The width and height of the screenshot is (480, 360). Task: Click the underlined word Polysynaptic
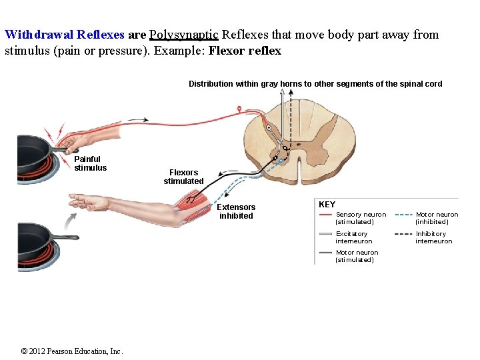[x=184, y=35]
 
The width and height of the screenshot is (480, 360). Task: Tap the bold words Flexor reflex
[x=245, y=51]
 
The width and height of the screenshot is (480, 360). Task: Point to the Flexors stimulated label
[x=183, y=177]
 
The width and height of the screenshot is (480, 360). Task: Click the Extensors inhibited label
[x=236, y=211]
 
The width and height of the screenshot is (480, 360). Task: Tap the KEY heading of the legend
[x=327, y=205]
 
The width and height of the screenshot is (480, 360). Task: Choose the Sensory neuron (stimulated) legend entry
[x=361, y=218]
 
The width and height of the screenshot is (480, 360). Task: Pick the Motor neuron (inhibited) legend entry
[x=437, y=218]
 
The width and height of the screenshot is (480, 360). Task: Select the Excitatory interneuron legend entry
[x=354, y=237]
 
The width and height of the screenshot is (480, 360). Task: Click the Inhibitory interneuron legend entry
[x=433, y=237]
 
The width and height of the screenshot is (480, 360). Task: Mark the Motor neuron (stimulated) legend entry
[x=357, y=256]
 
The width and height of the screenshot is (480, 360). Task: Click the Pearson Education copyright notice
[x=72, y=351]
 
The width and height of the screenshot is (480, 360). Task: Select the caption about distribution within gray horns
[x=315, y=84]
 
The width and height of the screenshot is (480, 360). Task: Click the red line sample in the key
[x=326, y=215]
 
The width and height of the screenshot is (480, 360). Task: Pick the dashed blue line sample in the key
[x=404, y=215]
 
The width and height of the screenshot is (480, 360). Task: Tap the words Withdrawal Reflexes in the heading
[x=64, y=35]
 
